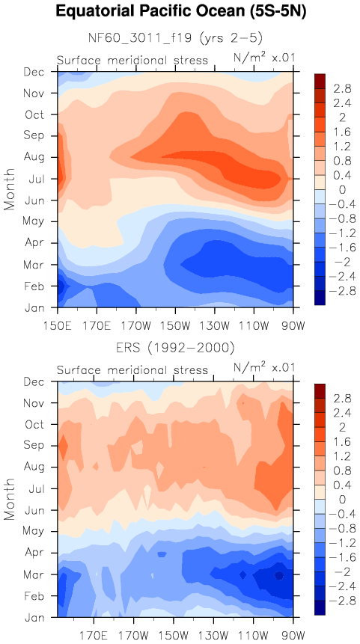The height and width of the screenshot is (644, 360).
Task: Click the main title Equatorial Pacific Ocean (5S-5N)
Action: (180, 12)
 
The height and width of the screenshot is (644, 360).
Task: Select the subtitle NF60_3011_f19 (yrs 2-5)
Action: (175, 38)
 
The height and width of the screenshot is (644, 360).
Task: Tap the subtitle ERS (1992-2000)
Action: (175, 349)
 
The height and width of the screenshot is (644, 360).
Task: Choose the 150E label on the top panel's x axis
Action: (58, 327)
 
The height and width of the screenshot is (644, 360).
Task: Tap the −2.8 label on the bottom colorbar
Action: (335, 601)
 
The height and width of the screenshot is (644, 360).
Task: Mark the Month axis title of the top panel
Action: (10, 189)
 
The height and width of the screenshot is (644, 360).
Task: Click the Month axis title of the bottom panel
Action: (10, 499)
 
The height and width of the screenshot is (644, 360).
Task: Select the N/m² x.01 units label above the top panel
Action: (264, 58)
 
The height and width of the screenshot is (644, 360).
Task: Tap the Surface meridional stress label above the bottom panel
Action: (132, 370)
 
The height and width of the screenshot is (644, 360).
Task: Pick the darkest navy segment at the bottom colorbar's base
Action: (320, 607)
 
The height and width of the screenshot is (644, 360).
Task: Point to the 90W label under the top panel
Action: (293, 327)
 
